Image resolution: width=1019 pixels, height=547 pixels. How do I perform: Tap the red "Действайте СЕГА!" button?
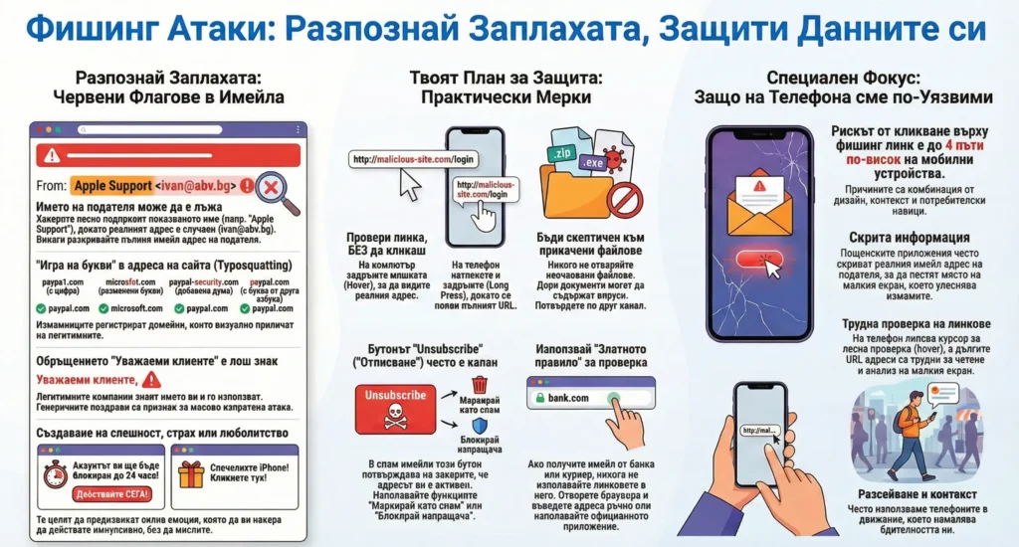[99, 494]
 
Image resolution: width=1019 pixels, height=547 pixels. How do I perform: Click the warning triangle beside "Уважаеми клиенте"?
[151, 379]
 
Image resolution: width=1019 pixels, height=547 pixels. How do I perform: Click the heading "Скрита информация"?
[909, 239]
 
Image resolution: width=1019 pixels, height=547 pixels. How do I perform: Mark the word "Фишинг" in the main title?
[87, 29]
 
